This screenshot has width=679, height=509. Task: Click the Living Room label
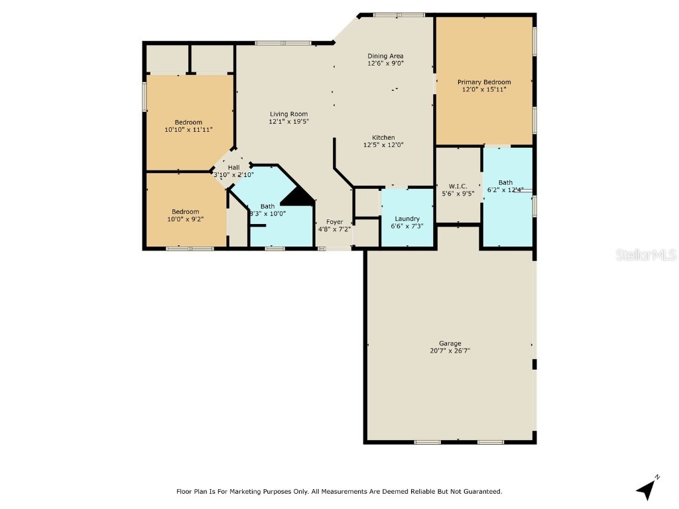pos(288,114)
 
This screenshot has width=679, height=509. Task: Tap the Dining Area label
pos(385,56)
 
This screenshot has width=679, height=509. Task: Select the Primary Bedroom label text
pos(484,82)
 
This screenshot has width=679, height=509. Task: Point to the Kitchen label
pos(383,137)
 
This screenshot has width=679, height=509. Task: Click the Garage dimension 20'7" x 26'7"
pos(450,351)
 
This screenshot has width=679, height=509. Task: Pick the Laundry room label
pos(407,219)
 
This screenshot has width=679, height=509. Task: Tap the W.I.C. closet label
pos(458,186)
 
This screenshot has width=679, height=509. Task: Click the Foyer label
pos(334,222)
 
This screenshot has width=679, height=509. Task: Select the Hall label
pos(233,167)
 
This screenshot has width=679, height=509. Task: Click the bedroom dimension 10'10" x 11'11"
pos(188,130)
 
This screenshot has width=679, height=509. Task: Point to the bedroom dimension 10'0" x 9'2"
pos(186,219)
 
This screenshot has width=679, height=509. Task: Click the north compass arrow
pos(647,488)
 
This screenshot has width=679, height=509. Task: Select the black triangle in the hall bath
pos(298,197)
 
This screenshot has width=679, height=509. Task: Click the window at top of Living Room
pos(283,44)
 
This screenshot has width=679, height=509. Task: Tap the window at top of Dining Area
pos(399,15)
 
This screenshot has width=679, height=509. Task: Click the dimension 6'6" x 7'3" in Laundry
pos(407,226)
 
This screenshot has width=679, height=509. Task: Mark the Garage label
pos(450,343)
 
